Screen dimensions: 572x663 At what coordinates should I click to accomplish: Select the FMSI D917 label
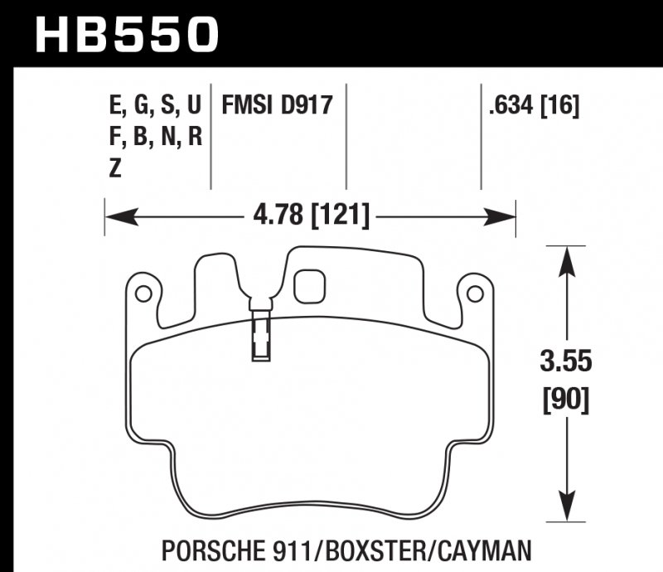(x=276, y=105)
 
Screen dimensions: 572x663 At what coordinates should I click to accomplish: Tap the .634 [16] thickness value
(x=534, y=105)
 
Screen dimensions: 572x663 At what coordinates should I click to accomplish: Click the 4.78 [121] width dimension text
(x=309, y=218)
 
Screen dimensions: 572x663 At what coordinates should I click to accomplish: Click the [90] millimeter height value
(x=566, y=400)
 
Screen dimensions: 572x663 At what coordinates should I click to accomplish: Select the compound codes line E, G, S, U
(x=155, y=105)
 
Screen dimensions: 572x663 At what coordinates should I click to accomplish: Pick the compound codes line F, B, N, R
(x=155, y=137)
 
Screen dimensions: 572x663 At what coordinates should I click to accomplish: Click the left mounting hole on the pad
(x=142, y=293)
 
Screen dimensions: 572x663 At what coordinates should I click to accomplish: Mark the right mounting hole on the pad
(x=474, y=293)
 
